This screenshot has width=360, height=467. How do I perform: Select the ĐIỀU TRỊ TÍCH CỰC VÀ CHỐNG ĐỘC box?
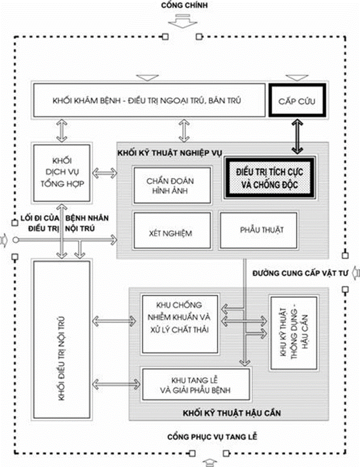tap(268, 178)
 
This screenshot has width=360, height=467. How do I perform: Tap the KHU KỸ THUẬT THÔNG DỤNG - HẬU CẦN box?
tap(292, 332)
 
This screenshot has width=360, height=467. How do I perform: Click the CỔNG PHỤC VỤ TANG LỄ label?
tap(212, 438)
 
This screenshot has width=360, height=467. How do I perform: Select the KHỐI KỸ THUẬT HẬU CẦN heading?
tap(228, 413)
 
